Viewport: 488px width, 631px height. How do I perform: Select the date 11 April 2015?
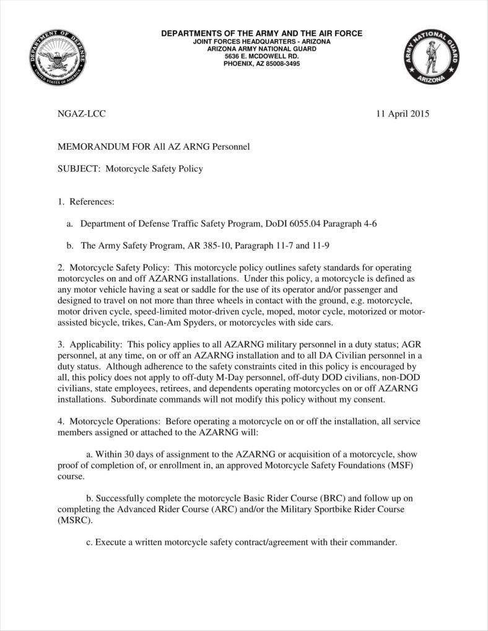[x=403, y=114]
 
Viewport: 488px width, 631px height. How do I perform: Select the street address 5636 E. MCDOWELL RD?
[x=261, y=56]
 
